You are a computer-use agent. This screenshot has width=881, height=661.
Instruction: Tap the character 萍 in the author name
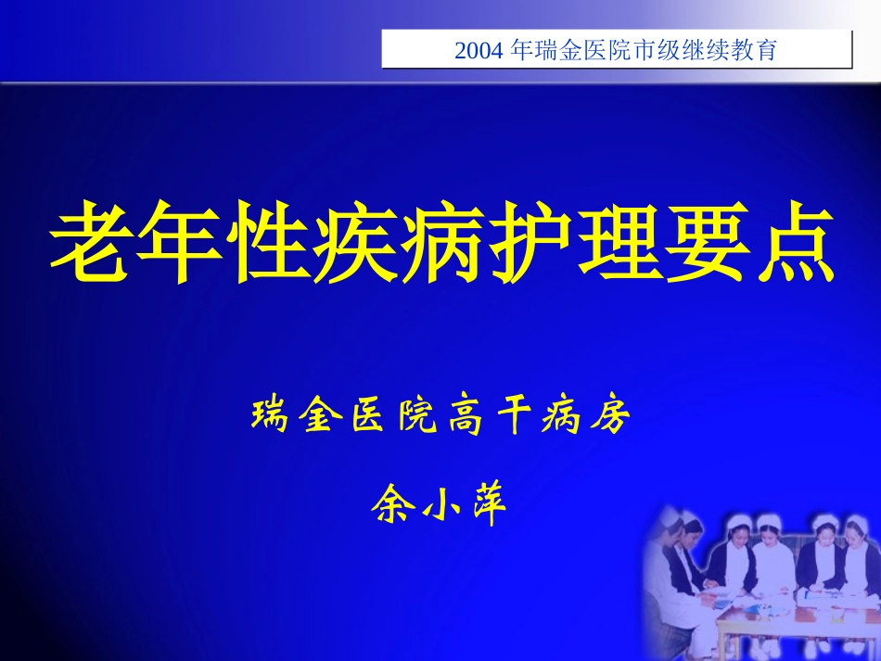tap(487, 506)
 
